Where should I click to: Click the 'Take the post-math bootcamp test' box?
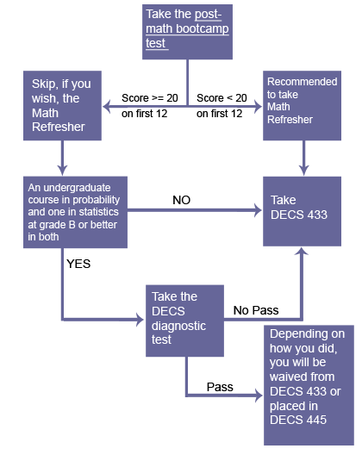click(x=187, y=32)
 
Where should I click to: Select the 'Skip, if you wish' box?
click(x=62, y=105)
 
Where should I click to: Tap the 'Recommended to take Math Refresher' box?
click(x=302, y=105)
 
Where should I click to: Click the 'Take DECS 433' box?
click(x=302, y=211)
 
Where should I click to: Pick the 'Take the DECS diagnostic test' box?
click(x=184, y=321)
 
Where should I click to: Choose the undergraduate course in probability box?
click(x=75, y=212)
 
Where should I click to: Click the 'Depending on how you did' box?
click(x=309, y=385)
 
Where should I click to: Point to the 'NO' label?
click(x=182, y=200)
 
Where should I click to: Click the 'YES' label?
click(x=78, y=264)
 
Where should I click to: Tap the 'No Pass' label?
click(x=256, y=310)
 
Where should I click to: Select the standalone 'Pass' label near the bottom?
click(x=220, y=387)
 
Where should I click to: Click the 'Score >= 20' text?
click(x=150, y=98)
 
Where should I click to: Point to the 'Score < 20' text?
click(x=222, y=98)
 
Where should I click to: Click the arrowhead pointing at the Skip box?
click(x=107, y=106)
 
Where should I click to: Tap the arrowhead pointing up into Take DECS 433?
click(x=302, y=252)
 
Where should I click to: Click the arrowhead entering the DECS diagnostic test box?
click(x=140, y=320)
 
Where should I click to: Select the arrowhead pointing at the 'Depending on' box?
click(x=259, y=396)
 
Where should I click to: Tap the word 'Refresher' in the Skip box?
click(x=59, y=127)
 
